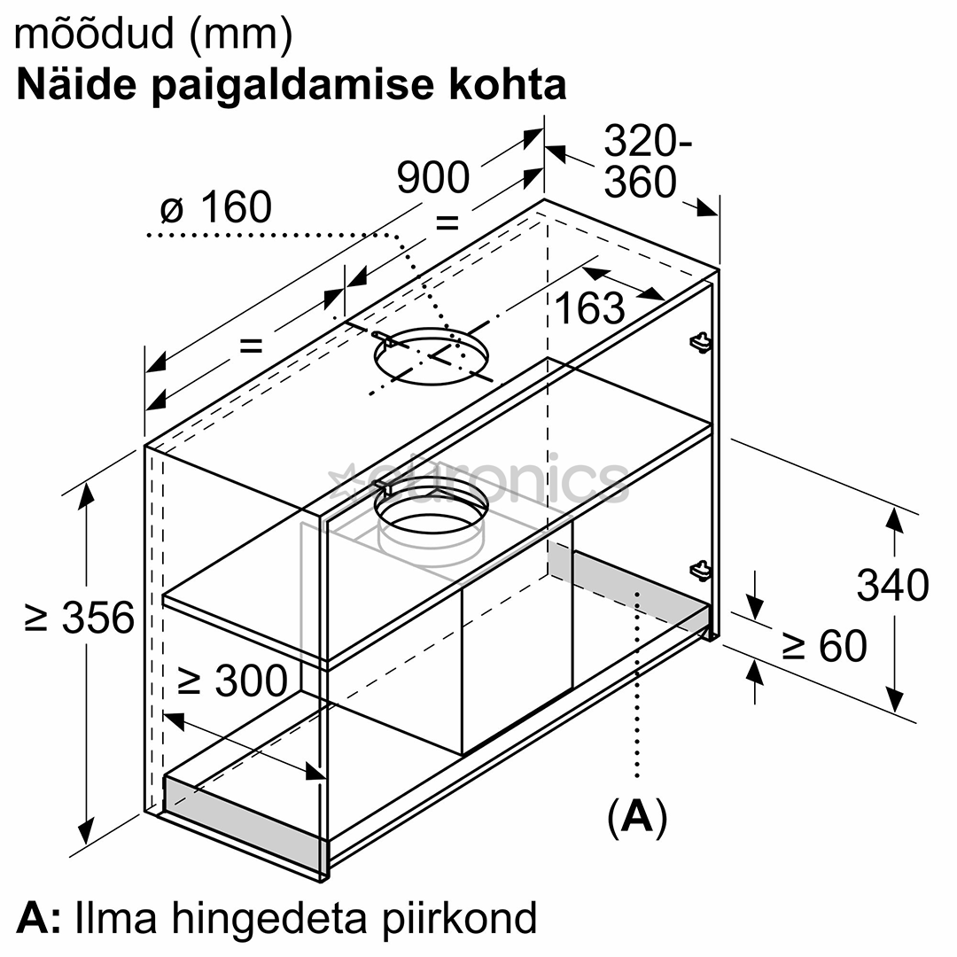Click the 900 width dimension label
tap(433, 177)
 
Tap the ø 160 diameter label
tap(216, 206)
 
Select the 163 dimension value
tap(590, 307)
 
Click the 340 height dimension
tap(893, 585)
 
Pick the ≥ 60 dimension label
tap(824, 646)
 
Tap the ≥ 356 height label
tap(80, 617)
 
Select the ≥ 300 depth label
tap(232, 680)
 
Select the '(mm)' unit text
tap(242, 35)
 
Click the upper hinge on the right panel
tap(701, 342)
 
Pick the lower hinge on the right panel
tap(701, 572)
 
